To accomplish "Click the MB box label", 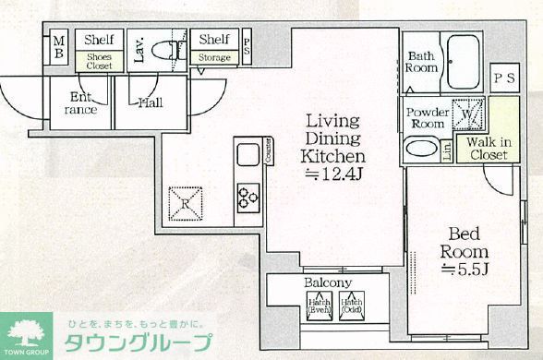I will point(58,46).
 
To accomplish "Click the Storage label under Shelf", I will point(214,58).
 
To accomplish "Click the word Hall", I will point(151,102).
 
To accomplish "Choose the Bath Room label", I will point(422,62).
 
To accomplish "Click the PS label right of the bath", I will point(504,78).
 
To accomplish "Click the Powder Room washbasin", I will point(421,149).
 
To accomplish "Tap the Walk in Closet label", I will point(487,149).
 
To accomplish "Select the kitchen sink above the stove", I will point(247,155).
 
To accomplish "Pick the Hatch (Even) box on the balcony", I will point(319,305).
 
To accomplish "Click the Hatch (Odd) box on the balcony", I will point(352,305).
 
